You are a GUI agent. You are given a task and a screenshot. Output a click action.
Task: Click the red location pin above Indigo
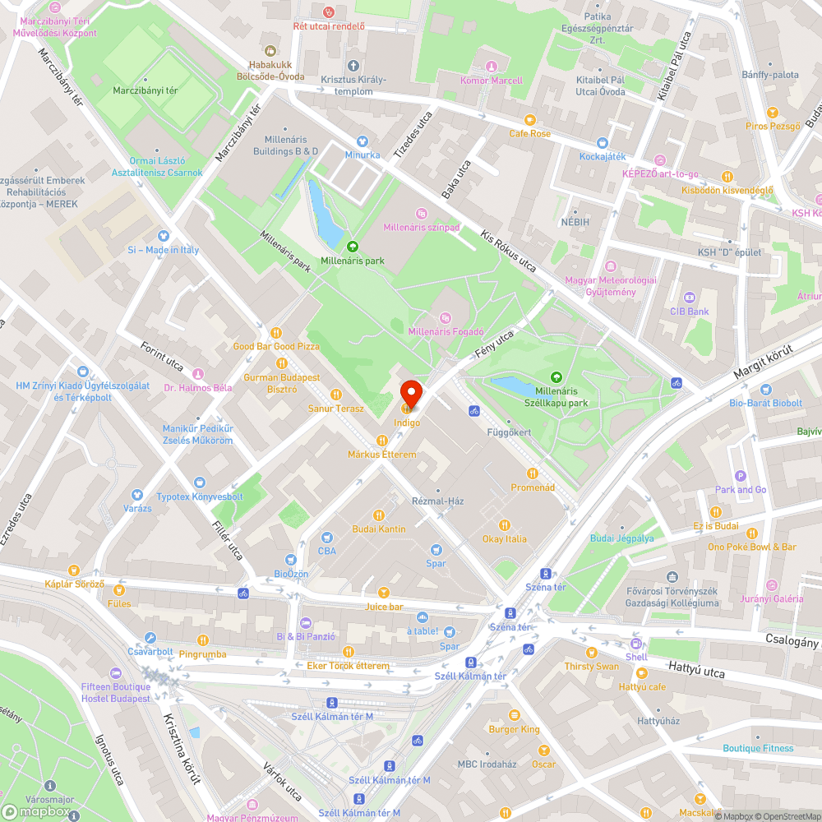coord(410,394)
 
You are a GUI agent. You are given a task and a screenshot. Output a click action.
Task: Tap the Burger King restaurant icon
coord(515,715)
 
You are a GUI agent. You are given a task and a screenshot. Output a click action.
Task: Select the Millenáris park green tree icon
coord(353,246)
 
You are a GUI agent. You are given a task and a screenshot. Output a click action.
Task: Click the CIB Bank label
coord(689,312)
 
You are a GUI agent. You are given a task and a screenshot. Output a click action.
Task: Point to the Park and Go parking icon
coord(741,475)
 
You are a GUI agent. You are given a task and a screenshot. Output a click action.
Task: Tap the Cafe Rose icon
coord(530,119)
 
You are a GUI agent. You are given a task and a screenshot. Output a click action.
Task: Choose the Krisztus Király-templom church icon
coord(353,66)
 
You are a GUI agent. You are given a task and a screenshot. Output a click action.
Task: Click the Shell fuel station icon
coord(636,644)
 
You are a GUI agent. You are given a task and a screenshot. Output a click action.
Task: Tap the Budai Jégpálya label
coord(622,538)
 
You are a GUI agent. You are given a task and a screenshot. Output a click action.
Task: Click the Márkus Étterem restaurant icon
coord(381,441)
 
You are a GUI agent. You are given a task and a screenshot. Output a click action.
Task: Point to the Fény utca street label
coord(493,344)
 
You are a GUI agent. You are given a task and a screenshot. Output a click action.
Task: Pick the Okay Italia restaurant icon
coord(505,525)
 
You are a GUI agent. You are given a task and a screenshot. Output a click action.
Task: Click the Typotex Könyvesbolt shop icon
coord(200,483)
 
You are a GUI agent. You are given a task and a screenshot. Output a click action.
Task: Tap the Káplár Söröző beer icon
coord(74,570)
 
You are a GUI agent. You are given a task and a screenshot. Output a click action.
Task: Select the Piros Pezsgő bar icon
coord(772,112)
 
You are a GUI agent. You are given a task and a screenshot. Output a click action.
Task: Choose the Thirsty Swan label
coord(592,667)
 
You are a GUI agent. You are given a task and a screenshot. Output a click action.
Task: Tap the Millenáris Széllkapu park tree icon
coord(556,377)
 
